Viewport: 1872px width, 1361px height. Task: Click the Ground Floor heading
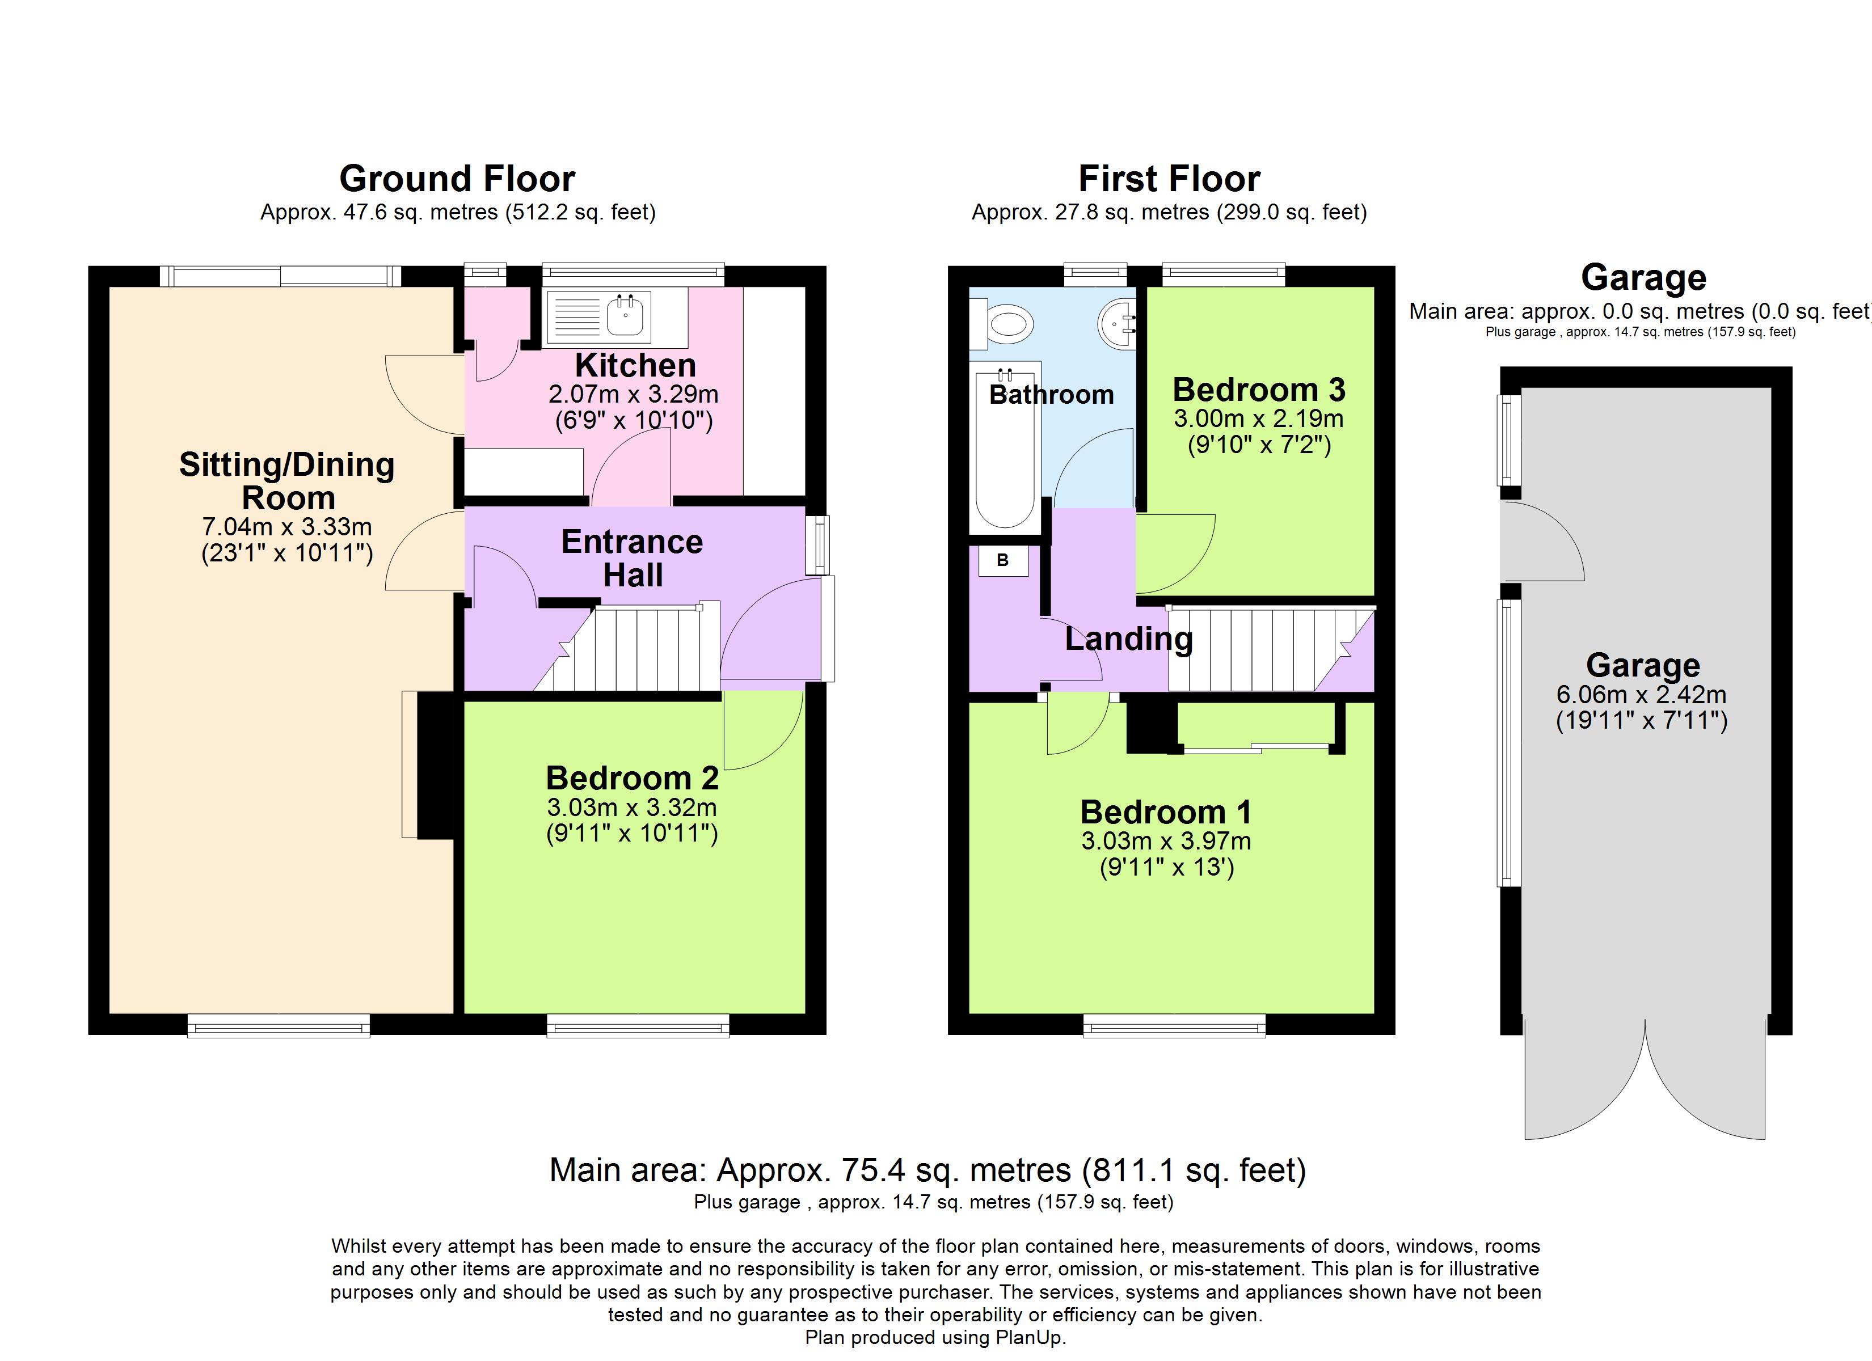457,179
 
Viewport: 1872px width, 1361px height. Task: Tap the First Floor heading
1169,179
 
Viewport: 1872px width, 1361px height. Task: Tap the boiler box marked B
1003,560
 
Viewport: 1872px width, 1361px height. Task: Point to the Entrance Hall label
633,558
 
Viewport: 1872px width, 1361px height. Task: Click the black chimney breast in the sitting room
435,765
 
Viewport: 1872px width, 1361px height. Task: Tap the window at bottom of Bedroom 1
1174,1026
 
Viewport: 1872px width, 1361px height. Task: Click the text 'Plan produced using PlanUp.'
935,1337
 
